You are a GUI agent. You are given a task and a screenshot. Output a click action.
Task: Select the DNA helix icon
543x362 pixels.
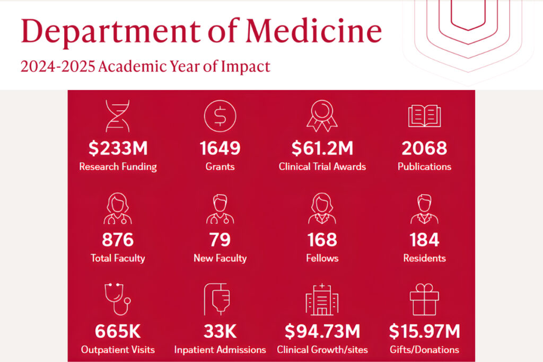[117, 115]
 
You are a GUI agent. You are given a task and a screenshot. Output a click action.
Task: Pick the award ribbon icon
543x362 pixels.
[322, 116]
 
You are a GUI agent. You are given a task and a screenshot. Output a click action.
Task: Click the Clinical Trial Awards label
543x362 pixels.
[322, 166]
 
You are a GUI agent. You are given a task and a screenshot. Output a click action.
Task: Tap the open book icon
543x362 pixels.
[424, 116]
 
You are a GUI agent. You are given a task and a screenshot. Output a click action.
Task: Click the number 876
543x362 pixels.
[118, 240]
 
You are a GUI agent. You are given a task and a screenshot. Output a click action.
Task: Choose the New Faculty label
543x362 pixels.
[220, 258]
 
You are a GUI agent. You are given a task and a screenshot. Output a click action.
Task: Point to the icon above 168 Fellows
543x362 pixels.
[322, 208]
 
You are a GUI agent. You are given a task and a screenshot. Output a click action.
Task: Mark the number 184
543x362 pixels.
[424, 240]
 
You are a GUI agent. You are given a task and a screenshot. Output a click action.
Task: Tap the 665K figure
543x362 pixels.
[118, 332]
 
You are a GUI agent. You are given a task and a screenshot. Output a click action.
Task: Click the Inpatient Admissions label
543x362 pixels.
[220, 350]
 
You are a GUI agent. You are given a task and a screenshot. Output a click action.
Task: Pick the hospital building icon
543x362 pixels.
[321, 300]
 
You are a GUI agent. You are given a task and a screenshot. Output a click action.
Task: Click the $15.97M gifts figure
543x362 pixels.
[424, 332]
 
